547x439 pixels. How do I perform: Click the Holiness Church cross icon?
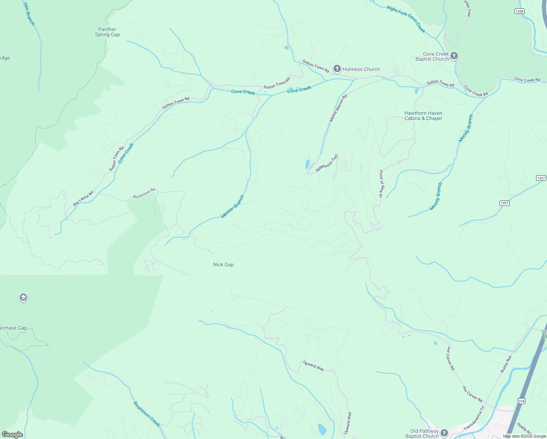tap(337, 69)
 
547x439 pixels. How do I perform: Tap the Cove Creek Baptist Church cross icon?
tap(454, 56)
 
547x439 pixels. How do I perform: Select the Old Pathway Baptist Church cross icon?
tap(444, 433)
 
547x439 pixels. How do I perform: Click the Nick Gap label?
tap(223, 264)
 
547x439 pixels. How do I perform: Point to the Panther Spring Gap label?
tap(107, 32)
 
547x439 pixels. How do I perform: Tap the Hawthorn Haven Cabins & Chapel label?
tap(423, 116)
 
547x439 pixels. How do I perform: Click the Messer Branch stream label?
tap(232, 207)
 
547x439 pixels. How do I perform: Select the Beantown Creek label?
tap(146, 414)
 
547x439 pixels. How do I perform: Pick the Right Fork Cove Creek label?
tap(406, 19)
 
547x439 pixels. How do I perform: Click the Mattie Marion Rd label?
tap(338, 108)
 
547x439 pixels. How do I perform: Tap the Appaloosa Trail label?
tap(327, 163)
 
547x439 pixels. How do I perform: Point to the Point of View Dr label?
tap(381, 184)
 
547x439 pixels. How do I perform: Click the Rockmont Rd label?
tap(144, 194)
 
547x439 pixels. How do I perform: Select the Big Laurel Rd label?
tap(83, 198)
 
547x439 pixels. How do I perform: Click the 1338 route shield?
tap(519, 11)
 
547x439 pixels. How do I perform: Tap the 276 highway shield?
tap(521, 401)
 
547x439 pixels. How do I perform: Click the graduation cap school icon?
tap(23, 297)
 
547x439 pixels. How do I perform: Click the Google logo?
tap(12, 435)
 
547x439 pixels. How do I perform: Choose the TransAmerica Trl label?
tap(474, 418)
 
